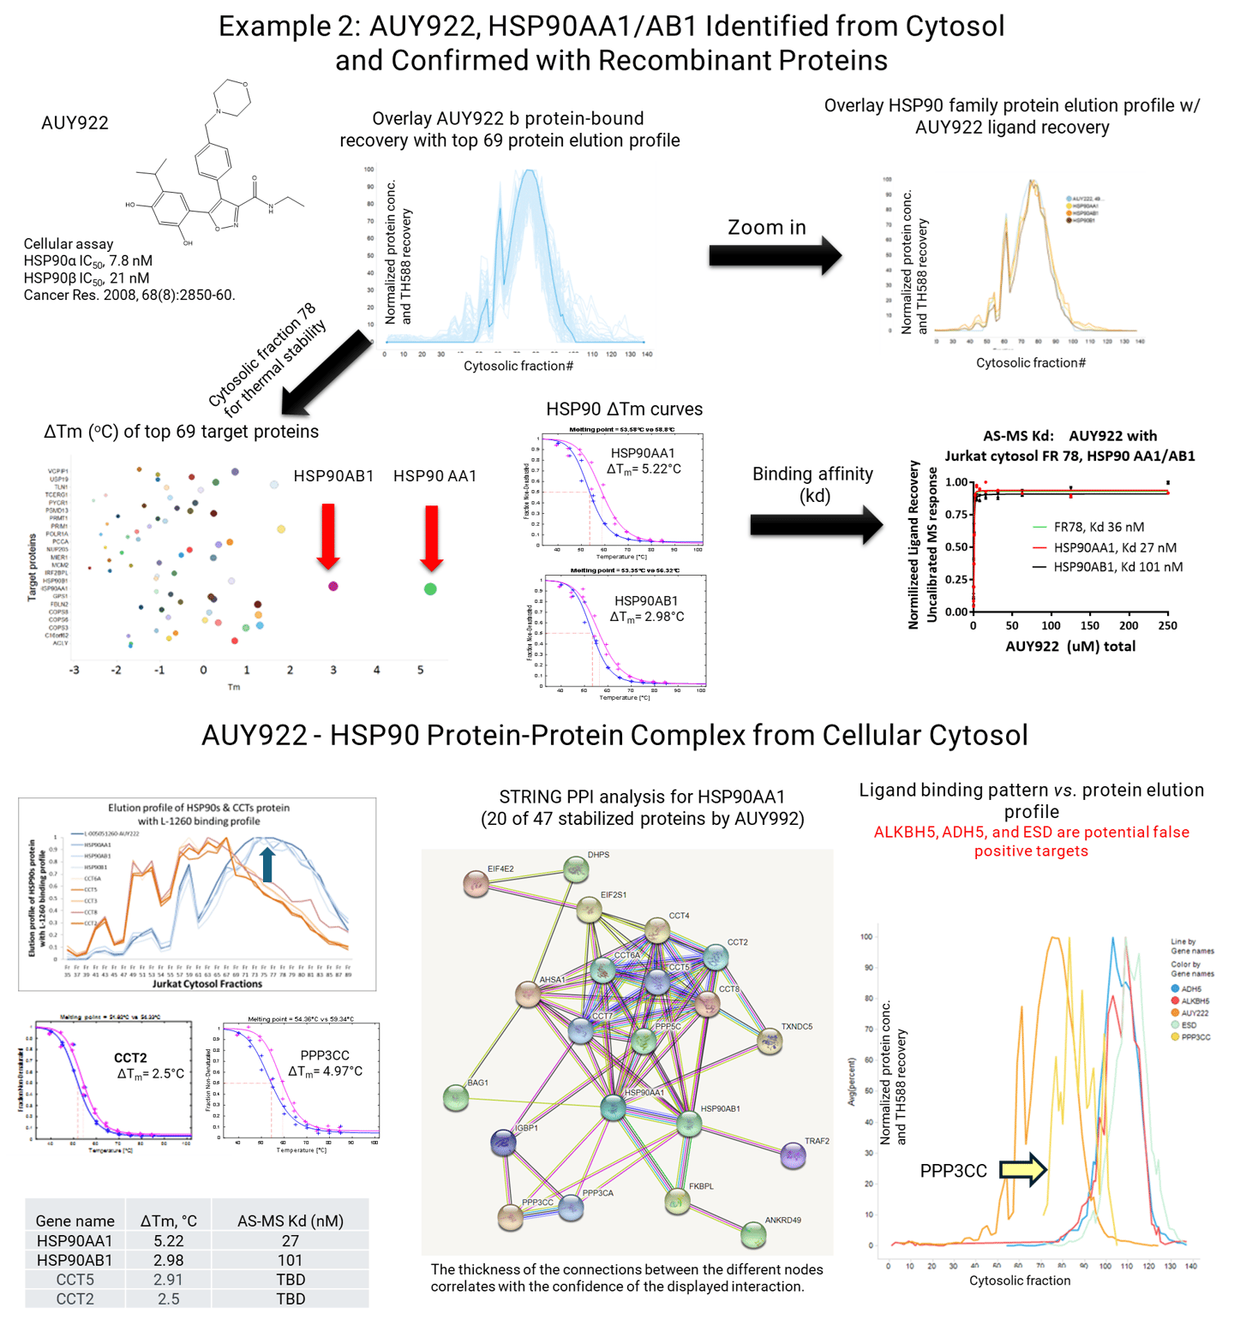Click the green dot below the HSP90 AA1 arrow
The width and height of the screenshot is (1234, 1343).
click(430, 588)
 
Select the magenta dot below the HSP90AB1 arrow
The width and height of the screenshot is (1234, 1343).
click(333, 586)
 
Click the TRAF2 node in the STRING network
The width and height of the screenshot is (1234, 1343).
click(794, 1157)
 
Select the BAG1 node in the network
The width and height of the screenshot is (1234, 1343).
click(456, 1099)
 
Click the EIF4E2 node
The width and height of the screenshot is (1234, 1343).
click(476, 884)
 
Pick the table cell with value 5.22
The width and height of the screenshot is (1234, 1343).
click(169, 1240)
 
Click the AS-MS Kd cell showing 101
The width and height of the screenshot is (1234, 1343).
click(290, 1260)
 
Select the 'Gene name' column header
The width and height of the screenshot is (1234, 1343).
click(75, 1221)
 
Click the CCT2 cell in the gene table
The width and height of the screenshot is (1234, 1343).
click(75, 1298)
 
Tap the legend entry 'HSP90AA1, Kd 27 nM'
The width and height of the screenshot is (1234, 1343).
click(1114, 547)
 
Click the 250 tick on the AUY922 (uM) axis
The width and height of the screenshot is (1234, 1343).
click(1167, 626)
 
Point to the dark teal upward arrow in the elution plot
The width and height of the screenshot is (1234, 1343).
click(267, 864)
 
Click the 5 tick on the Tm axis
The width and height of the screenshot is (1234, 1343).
click(420, 670)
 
